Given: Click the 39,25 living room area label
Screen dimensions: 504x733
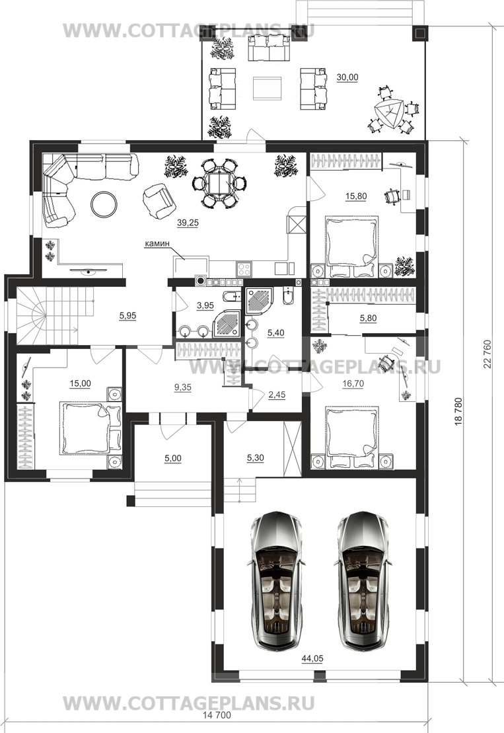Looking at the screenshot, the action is [188, 223].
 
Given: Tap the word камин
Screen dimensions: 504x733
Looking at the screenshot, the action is [157, 243].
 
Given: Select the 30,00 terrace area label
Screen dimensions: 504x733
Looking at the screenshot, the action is [347, 77].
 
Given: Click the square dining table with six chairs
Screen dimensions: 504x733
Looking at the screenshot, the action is [219, 183].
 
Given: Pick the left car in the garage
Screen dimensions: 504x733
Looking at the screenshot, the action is [276, 581].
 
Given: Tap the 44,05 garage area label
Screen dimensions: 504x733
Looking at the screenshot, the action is [312, 659].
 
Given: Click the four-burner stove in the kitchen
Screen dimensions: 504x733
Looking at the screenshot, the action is [244, 268].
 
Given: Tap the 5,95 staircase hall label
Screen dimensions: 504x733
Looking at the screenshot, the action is [127, 316].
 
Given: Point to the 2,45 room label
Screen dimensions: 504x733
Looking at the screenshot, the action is [277, 395].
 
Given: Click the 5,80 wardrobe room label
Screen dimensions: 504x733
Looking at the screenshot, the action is [368, 319].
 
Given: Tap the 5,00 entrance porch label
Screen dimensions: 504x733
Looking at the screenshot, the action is [173, 459].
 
